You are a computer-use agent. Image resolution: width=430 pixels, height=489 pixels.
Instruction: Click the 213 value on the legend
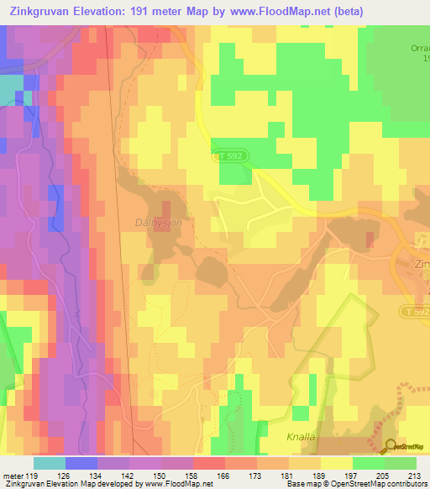click(x=415, y=477)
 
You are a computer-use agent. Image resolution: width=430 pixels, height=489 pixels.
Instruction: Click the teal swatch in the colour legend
click(x=49, y=463)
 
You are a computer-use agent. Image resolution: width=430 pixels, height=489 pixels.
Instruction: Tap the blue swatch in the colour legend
click(x=81, y=463)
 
